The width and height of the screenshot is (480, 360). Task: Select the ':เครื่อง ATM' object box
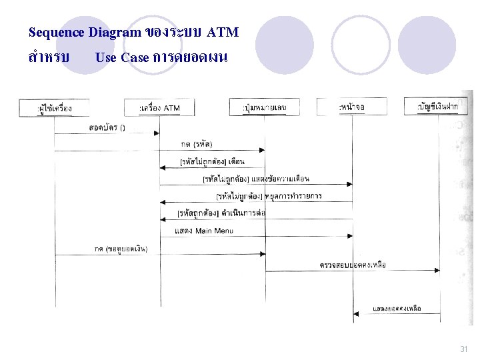point(159,107)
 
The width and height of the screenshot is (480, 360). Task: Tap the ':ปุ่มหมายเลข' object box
point(265,107)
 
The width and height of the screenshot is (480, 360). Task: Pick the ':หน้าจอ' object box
point(352,106)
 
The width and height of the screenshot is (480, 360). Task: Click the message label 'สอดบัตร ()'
point(107,127)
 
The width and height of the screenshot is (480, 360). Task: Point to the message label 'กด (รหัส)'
point(197,144)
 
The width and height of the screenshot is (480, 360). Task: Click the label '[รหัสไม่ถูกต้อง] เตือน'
point(213,161)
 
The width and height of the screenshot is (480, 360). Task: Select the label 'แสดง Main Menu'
point(205,231)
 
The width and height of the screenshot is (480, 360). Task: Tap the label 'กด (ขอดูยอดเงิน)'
point(121,249)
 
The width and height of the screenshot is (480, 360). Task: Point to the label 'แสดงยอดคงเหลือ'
point(397,309)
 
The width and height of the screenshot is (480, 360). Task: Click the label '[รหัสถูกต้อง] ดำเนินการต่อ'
point(222,213)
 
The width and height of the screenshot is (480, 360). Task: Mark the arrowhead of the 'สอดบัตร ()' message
point(157,133)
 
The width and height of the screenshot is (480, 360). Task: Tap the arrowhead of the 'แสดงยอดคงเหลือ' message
point(356,314)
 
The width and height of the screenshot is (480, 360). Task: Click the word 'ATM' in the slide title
point(223,32)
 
